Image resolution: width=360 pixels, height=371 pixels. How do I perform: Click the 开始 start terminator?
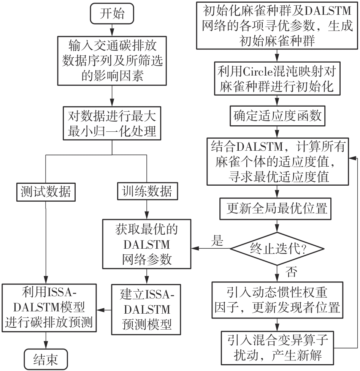[112, 14]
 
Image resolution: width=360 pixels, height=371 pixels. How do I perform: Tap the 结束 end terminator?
[46, 359]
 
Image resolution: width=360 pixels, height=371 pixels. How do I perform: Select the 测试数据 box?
[46, 192]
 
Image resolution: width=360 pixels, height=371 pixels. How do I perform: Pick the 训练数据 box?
[147, 191]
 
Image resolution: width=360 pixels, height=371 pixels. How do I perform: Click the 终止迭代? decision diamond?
[277, 249]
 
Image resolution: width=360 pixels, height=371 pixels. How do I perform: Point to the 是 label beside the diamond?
[217, 241]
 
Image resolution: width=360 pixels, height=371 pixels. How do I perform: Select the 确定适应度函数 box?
[278, 116]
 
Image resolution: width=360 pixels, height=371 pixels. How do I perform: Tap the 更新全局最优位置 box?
[275, 209]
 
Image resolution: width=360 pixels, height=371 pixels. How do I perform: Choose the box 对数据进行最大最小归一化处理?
[112, 123]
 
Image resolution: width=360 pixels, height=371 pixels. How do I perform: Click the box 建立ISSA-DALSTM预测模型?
[146, 309]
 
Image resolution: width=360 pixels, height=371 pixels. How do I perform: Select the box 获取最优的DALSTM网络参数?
[147, 244]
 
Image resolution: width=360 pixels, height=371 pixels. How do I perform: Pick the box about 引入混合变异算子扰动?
[278, 348]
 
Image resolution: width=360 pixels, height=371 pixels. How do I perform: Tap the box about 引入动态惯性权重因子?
[278, 300]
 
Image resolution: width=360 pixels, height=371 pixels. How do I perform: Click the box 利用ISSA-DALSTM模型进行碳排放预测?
[49, 308]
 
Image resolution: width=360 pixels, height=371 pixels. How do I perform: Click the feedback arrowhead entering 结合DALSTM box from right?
[353, 158]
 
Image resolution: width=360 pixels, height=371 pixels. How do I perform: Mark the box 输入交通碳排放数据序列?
[112, 61]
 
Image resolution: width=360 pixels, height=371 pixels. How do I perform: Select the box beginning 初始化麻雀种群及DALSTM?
[277, 25]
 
